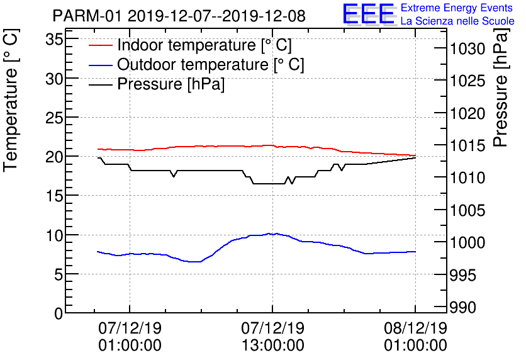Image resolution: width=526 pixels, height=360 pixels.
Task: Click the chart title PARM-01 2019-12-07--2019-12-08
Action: (x=179, y=16)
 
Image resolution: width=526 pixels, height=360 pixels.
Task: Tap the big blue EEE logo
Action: (x=369, y=14)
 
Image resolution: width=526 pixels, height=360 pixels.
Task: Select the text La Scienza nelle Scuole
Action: (x=457, y=21)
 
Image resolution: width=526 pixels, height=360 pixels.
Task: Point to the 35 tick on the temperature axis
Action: (x=55, y=39)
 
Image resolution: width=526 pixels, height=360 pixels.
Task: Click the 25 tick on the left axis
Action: (x=55, y=117)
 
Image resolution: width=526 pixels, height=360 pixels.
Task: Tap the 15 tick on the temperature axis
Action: (x=55, y=196)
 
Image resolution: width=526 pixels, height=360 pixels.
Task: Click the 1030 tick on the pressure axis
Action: (x=467, y=48)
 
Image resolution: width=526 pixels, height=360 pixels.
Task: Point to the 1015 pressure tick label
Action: (x=467, y=145)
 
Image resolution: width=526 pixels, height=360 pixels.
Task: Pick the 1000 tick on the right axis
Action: (x=467, y=242)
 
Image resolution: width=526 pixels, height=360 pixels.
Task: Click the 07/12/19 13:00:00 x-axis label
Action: (x=272, y=337)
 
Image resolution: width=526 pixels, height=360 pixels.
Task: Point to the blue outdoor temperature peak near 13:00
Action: (x=270, y=233)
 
